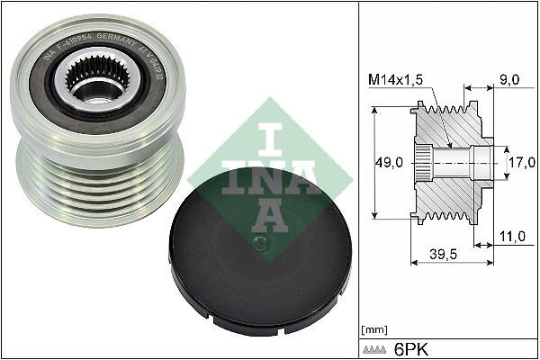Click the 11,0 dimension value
pyautogui.click(x=510, y=237)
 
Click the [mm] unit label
pyautogui.click(x=373, y=329)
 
